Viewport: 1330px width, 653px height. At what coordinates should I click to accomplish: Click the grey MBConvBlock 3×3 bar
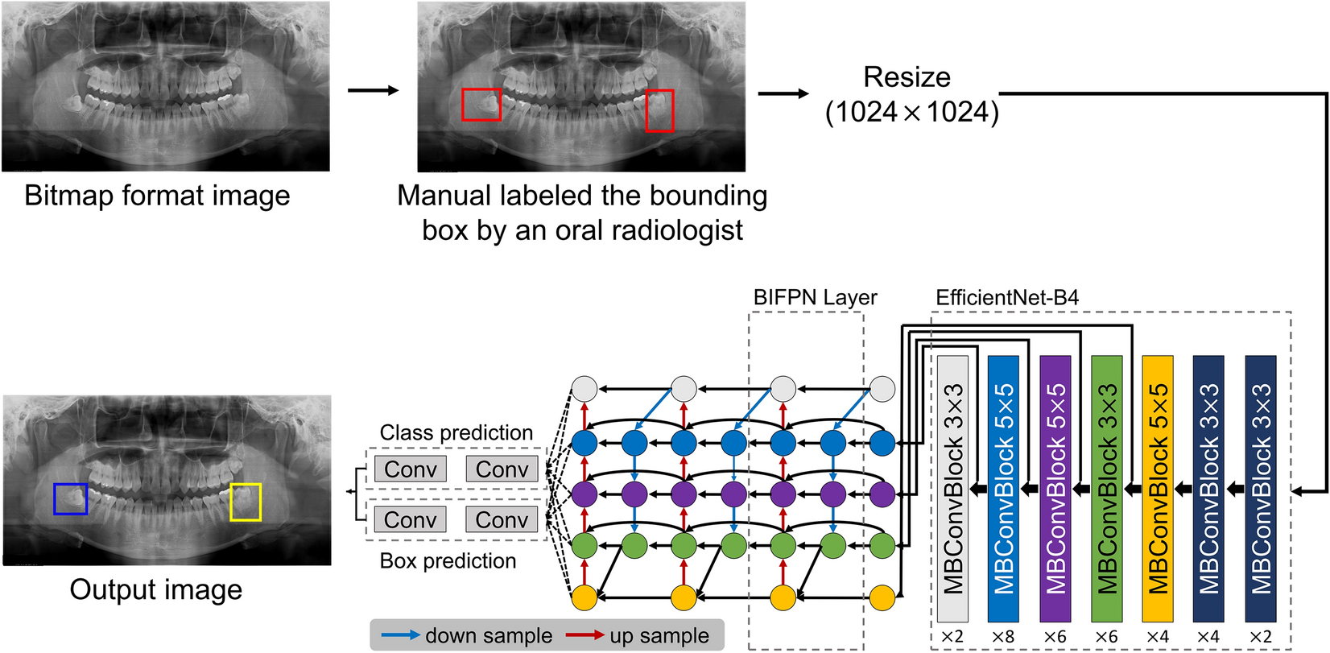(952, 488)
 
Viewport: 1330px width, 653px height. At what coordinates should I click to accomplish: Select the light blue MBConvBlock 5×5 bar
(1003, 488)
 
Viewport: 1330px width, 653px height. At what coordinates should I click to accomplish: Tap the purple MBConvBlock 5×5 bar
(1055, 488)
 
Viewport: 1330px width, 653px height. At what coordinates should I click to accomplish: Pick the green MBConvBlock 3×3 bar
(1106, 488)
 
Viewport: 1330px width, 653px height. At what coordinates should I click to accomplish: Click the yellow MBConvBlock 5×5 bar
(1158, 488)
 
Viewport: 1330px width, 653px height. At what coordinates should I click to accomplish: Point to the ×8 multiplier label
(1003, 637)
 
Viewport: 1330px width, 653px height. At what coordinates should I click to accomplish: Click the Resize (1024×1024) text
(911, 95)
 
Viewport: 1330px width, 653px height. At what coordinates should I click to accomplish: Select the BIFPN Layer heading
(815, 298)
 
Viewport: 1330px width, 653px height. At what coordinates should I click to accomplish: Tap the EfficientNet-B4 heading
(1006, 298)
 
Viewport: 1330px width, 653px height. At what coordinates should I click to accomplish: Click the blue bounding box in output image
(70, 499)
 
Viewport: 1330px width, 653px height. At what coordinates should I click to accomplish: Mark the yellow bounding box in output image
(245, 502)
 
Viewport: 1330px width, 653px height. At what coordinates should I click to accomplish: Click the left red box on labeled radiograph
(481, 105)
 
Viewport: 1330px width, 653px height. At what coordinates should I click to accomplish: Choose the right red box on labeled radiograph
(659, 110)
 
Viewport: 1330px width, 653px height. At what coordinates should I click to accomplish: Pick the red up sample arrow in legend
(585, 635)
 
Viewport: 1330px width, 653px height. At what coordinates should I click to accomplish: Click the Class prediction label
(456, 433)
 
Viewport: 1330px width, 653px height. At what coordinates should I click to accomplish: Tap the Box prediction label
(448, 561)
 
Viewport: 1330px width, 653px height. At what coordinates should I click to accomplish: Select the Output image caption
(155, 590)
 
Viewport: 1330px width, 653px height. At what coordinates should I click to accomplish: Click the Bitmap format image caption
(157, 196)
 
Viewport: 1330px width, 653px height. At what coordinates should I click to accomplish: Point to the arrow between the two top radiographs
(373, 90)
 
